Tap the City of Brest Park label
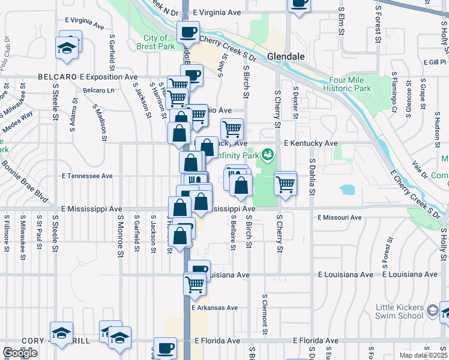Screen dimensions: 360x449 point(155,42)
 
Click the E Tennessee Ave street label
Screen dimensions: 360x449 point(87,176)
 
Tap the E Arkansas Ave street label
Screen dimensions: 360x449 point(214,308)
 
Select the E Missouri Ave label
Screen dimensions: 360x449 point(339,217)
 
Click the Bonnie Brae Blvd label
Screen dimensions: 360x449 point(24,180)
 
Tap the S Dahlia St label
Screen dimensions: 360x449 point(312,177)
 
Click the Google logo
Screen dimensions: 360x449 point(20,353)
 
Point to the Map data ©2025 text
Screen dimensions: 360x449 point(423,355)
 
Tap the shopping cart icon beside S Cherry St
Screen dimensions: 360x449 point(285,184)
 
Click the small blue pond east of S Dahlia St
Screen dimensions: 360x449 point(346,190)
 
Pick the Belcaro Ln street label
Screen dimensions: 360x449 point(98,91)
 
